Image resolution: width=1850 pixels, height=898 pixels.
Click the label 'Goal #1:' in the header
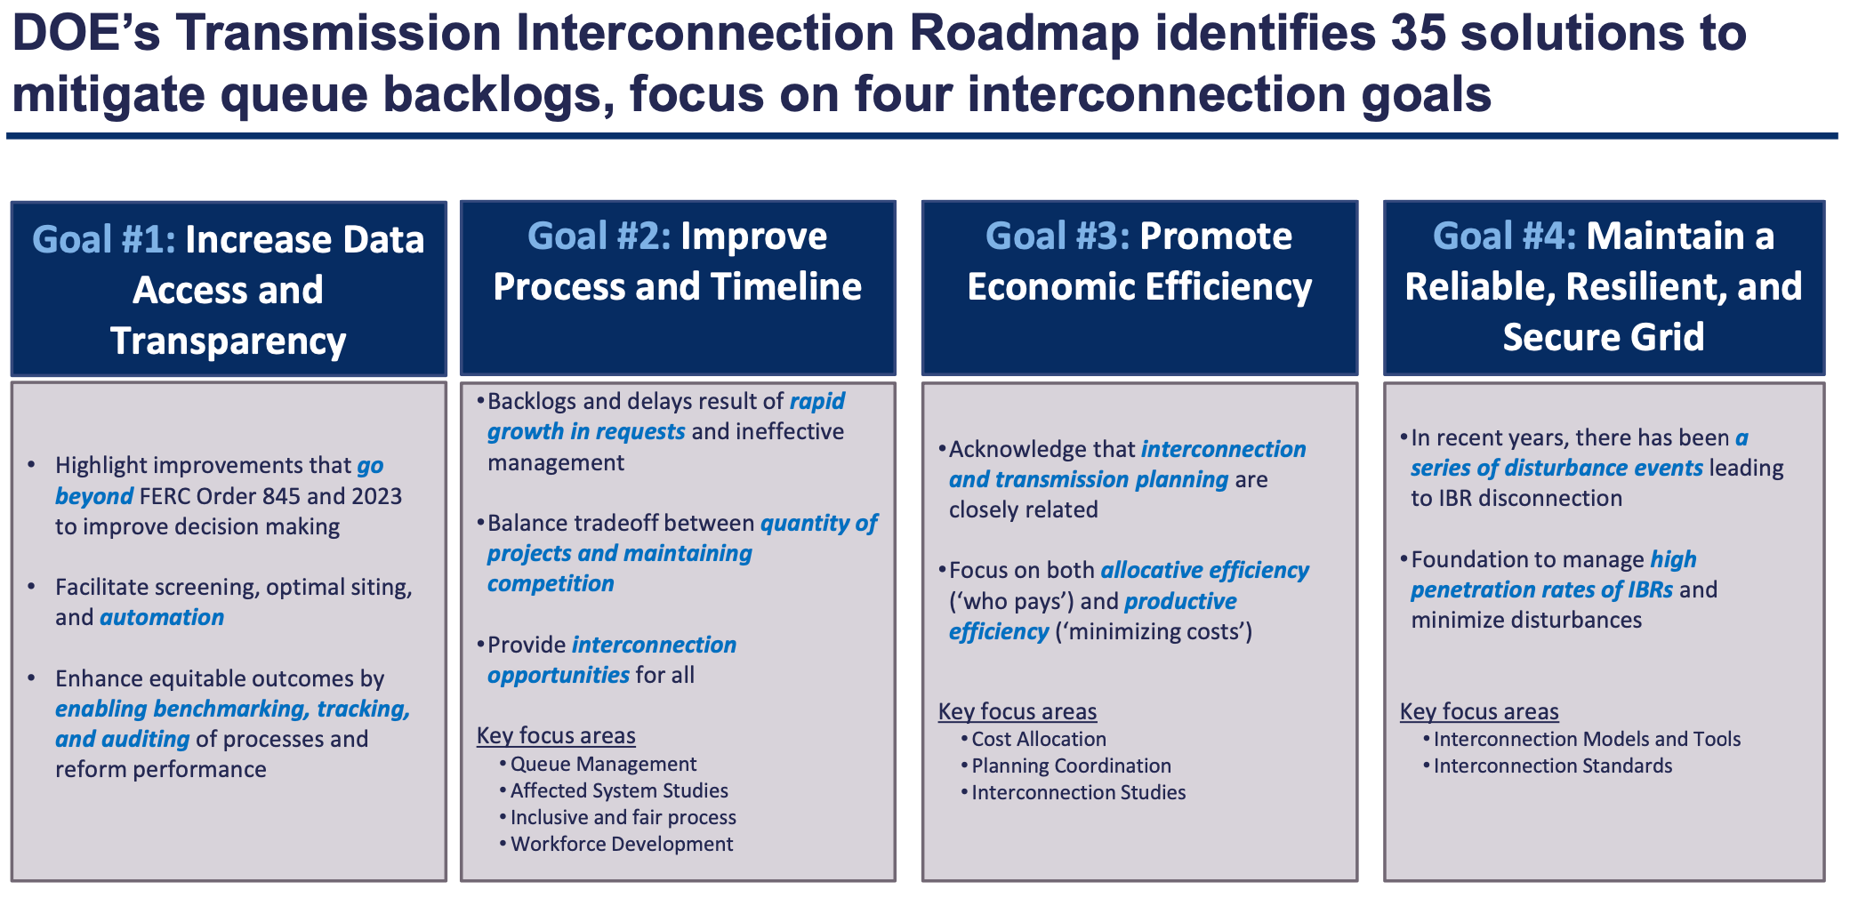click(104, 240)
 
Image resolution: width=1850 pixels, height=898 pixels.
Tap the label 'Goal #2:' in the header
click(599, 237)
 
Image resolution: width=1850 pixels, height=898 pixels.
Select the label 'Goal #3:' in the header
click(1058, 237)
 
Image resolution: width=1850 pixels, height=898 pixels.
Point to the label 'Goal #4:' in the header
click(1504, 237)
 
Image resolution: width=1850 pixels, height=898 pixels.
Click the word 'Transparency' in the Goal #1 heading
click(229, 341)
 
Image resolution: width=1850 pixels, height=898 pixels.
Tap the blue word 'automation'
click(162, 617)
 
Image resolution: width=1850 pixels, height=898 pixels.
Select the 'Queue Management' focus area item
click(603, 764)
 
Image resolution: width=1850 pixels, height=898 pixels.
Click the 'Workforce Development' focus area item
click(622, 844)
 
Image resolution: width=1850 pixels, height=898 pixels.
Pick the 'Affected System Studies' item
click(619, 790)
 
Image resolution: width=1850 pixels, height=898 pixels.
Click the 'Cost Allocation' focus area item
click(1039, 739)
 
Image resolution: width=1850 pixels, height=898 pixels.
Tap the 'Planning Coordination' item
click(1071, 766)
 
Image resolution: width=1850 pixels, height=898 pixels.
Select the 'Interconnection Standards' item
click(1553, 766)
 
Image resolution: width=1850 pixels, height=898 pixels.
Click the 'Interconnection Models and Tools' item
click(1587, 739)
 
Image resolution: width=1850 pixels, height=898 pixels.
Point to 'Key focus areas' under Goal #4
click(1479, 711)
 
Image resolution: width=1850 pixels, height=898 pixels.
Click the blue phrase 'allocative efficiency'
click(1204, 570)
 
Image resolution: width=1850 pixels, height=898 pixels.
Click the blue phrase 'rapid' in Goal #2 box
click(817, 401)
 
